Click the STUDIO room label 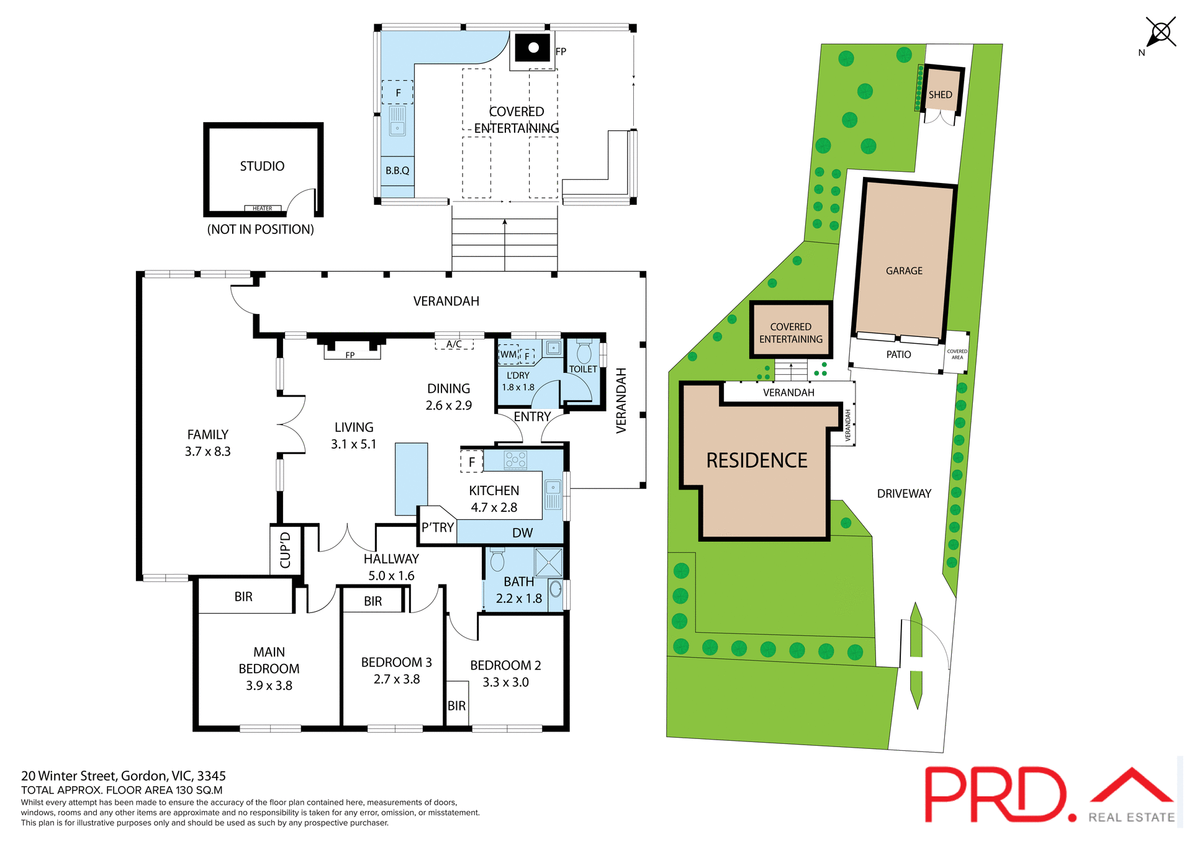pos(262,166)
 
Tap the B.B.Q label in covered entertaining pos(397,171)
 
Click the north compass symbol pos(1160,32)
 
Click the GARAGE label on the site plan pos(904,271)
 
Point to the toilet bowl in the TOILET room pos(584,353)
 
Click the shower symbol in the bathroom pos(549,562)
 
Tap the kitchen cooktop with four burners pos(515,460)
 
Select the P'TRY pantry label pos(438,527)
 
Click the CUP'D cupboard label pos(286,550)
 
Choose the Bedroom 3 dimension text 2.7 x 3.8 pos(397,679)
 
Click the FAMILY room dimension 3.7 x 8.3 pos(207,452)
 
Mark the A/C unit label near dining pos(454,344)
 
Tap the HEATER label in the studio pos(262,208)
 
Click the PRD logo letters pos(993,794)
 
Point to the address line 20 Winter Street pos(124,776)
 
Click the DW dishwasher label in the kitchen pos(522,533)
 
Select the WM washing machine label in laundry pos(508,354)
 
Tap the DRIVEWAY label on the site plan pos(904,494)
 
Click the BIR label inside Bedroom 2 pos(456,706)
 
